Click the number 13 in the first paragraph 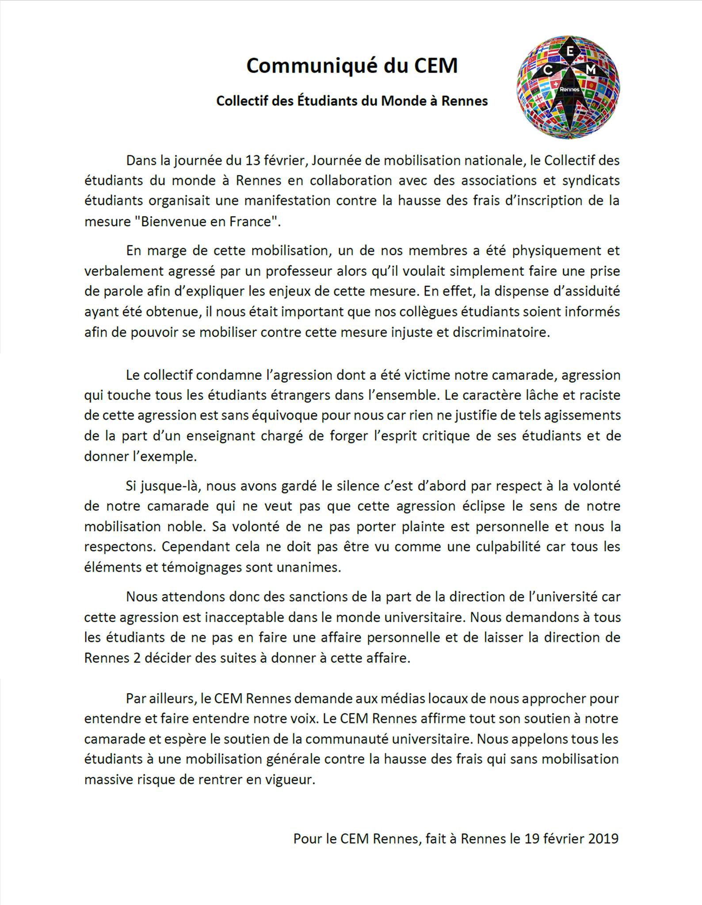point(253,160)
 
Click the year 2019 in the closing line point(603,838)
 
